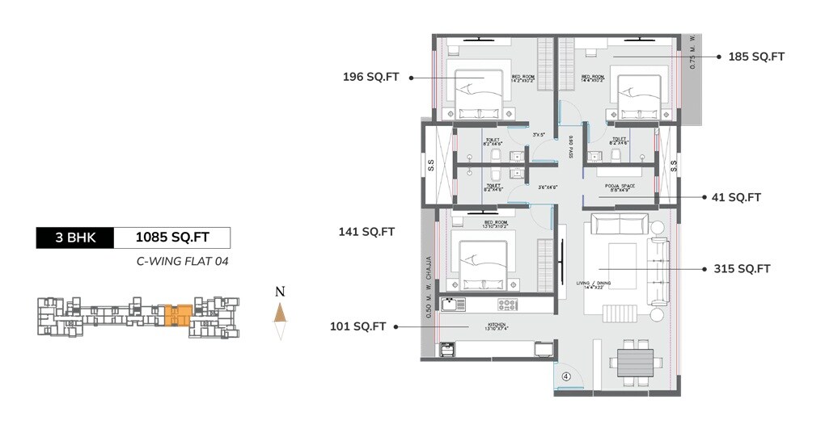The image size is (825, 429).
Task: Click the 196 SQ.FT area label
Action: pyautogui.click(x=371, y=78)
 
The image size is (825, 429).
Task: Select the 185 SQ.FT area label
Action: pyautogui.click(x=756, y=57)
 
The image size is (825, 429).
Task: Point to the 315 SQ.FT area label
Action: pyautogui.click(x=742, y=269)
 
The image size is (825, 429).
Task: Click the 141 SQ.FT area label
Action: pyautogui.click(x=366, y=232)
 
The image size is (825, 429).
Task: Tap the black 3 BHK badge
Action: pyautogui.click(x=75, y=238)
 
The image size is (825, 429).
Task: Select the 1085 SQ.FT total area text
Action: pyautogui.click(x=172, y=238)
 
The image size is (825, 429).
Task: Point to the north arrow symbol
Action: pyautogui.click(x=280, y=315)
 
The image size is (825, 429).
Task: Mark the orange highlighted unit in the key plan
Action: pyautogui.click(x=178, y=315)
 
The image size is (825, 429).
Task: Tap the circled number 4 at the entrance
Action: pyautogui.click(x=566, y=375)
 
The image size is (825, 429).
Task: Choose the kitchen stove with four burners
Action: pyautogui.click(x=507, y=305)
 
